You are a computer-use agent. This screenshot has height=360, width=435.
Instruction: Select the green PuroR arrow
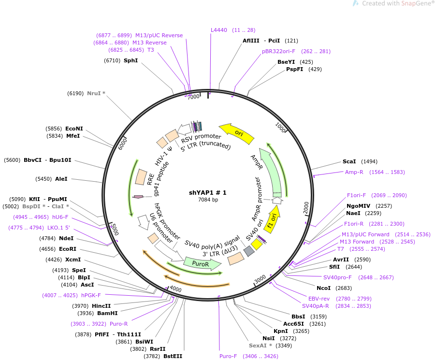coord(203,264)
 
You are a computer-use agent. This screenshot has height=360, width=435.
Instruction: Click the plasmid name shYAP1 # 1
coord(207,193)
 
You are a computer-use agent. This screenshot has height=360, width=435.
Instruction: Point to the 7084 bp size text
coord(208,200)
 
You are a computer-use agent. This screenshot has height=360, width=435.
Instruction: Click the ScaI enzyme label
coord(349,161)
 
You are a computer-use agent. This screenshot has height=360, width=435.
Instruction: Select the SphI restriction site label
coord(130,60)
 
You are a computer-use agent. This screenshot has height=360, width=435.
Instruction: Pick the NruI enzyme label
coord(94,93)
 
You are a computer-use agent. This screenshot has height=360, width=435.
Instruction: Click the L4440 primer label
coord(218,30)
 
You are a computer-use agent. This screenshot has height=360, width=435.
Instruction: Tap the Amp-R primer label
coord(354,172)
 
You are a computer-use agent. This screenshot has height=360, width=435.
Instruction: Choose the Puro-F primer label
coord(228,356)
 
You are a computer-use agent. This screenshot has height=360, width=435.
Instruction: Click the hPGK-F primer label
coord(91,295)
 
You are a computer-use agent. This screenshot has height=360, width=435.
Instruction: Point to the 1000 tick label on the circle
coord(280,128)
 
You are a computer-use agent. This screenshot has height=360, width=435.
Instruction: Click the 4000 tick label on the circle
coord(175,289)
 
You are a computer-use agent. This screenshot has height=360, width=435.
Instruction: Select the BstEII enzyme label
coord(173,356)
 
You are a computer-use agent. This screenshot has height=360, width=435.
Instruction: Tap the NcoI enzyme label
coord(323,288)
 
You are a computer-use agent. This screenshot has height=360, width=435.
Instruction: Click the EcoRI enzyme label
coord(68,249)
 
